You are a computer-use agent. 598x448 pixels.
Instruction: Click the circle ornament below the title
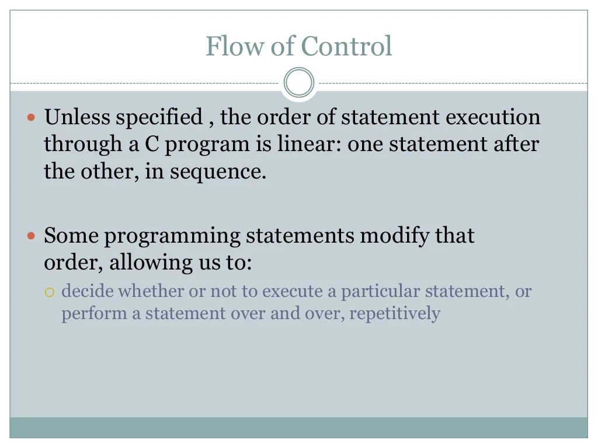click(298, 82)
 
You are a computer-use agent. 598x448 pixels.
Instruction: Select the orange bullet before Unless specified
click(32, 117)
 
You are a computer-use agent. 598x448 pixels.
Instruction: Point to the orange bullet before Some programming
click(32, 236)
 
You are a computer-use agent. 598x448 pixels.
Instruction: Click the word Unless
click(77, 117)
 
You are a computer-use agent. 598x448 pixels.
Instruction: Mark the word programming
click(172, 237)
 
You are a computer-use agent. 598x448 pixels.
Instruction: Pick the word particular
click(380, 291)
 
